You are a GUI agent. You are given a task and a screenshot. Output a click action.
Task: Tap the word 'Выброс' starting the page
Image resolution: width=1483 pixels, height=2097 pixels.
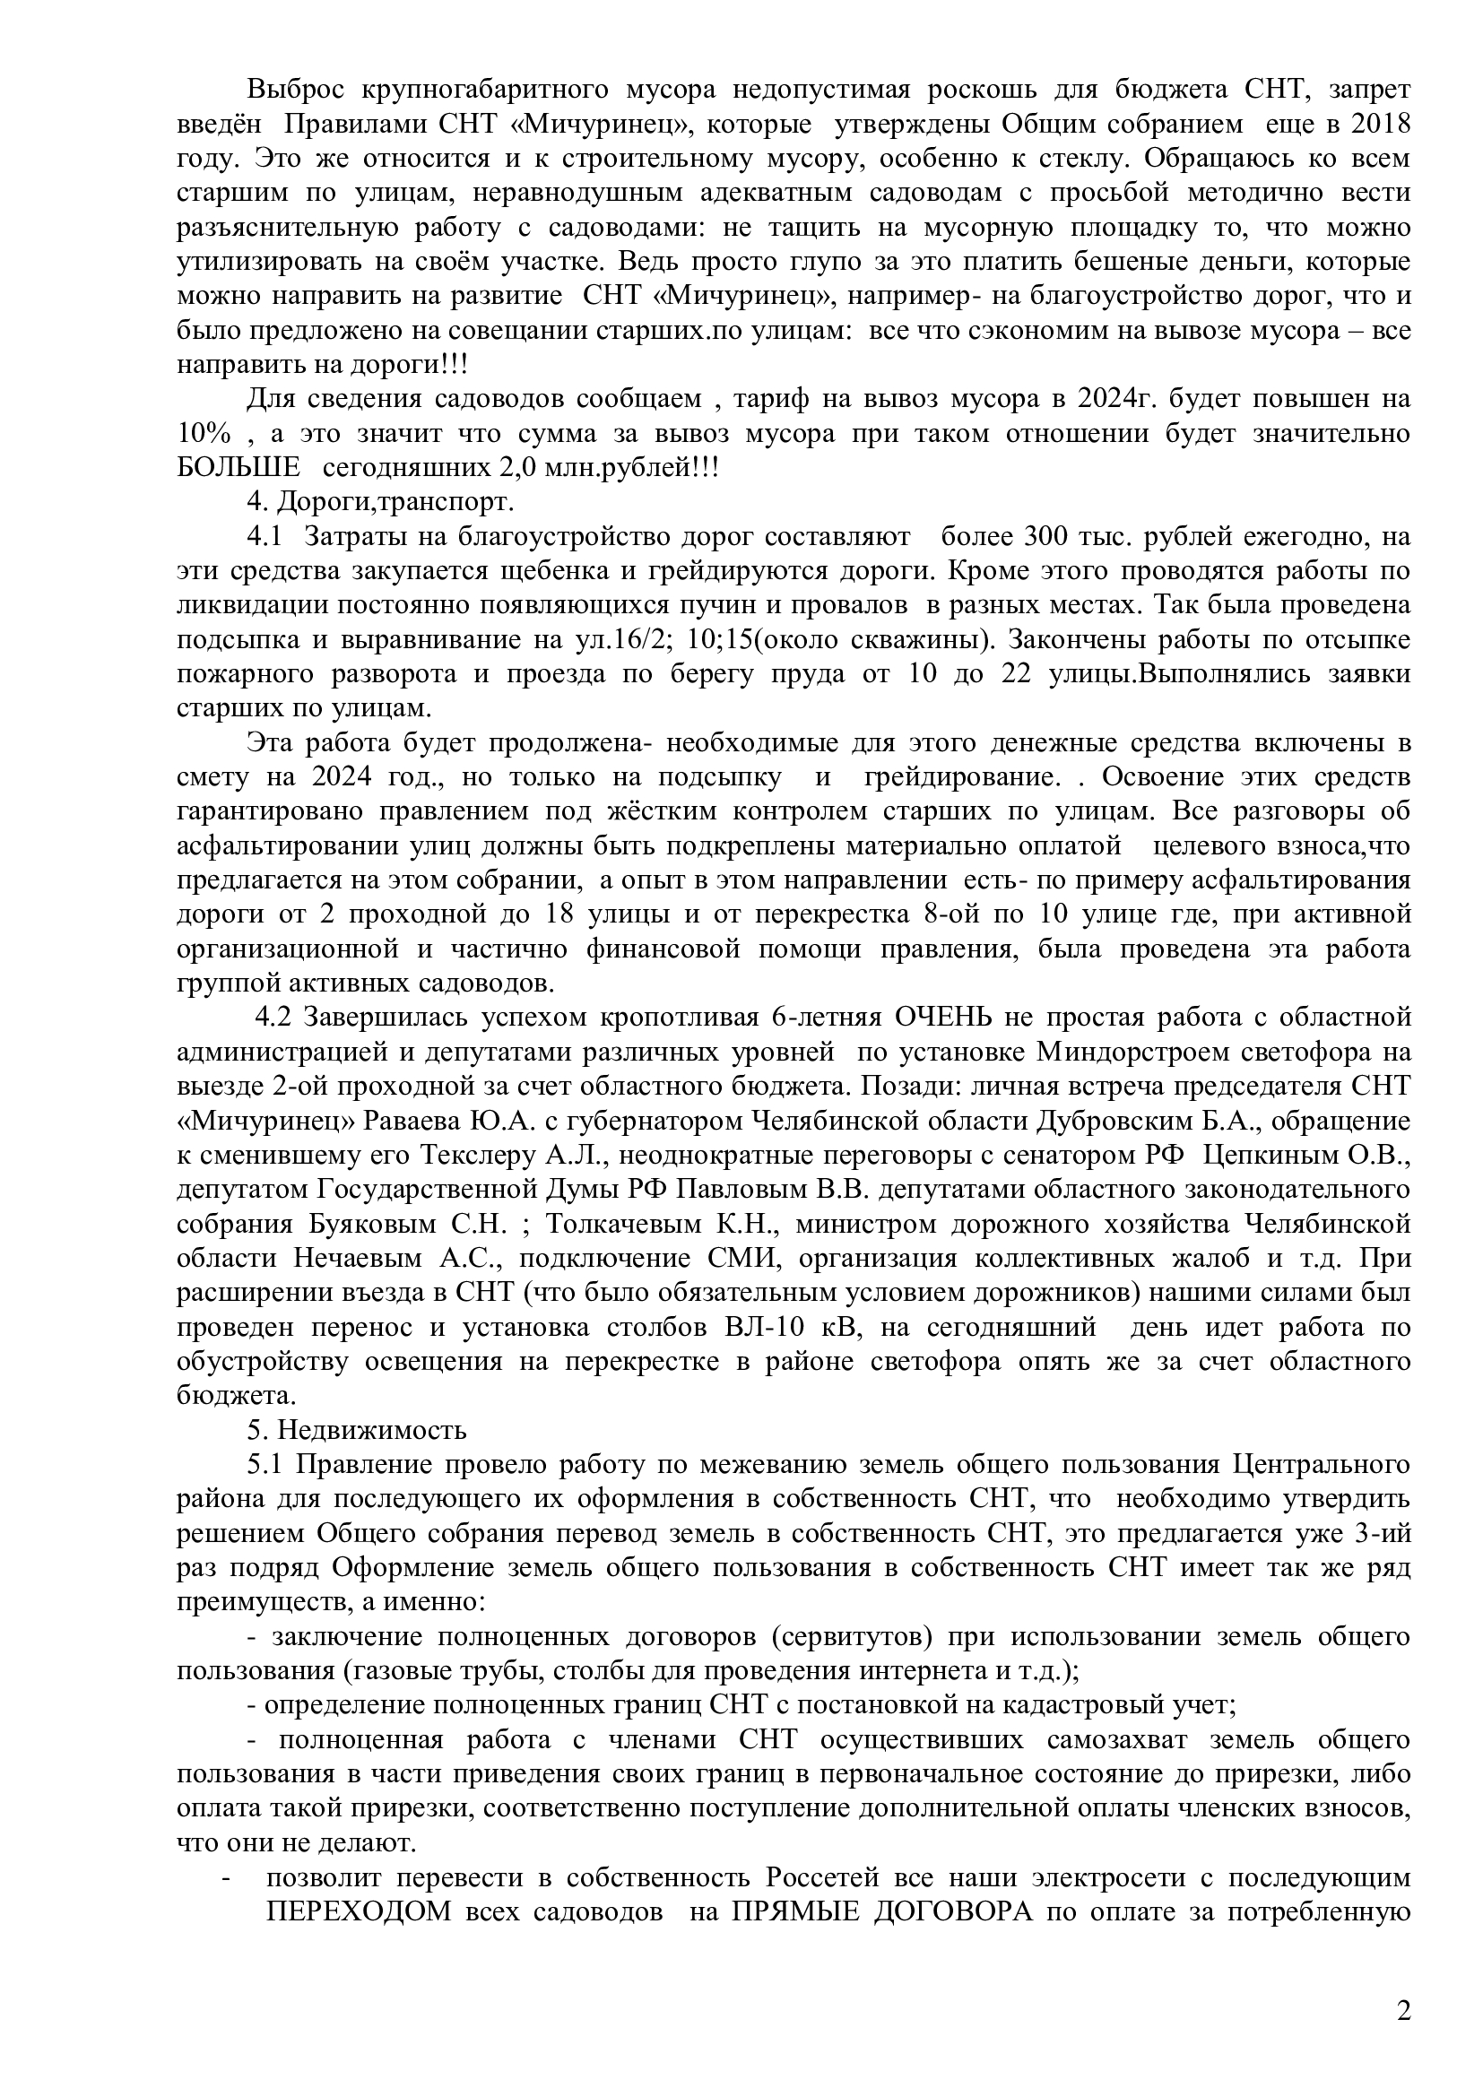pyautogui.click(x=291, y=90)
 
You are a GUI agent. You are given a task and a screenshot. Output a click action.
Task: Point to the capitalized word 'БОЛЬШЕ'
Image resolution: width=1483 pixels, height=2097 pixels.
pyautogui.click(x=238, y=468)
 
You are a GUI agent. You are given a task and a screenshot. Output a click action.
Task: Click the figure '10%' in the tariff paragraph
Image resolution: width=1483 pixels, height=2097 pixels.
pyautogui.click(x=202, y=433)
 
